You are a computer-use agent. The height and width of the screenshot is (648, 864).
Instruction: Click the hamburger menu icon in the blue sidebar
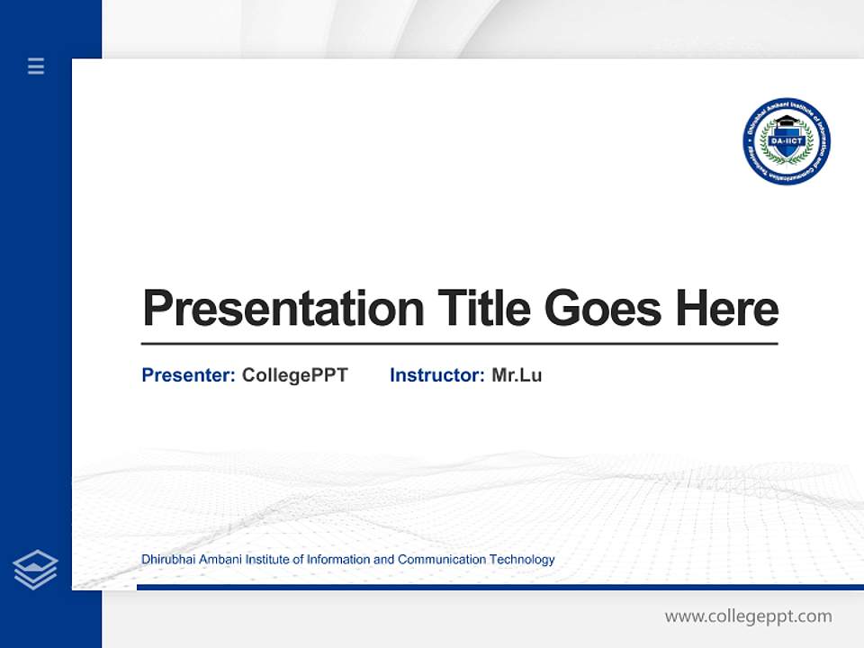pyautogui.click(x=36, y=66)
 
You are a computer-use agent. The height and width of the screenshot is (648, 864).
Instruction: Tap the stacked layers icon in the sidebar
pyautogui.click(x=35, y=570)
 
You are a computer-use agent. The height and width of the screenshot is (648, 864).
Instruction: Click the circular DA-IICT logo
pyautogui.click(x=786, y=142)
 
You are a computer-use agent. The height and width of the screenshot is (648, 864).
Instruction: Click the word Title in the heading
pyautogui.click(x=484, y=308)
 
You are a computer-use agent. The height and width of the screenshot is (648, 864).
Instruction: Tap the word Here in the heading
pyautogui.click(x=727, y=308)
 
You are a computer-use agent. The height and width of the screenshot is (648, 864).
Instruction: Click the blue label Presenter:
pyautogui.click(x=188, y=375)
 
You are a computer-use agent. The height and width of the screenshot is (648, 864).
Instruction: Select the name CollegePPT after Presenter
pyautogui.click(x=294, y=375)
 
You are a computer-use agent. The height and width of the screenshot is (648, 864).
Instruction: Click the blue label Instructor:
pyautogui.click(x=437, y=375)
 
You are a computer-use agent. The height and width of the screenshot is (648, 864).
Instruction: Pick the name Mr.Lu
pyautogui.click(x=517, y=375)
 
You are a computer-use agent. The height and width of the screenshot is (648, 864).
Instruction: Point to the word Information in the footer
pyautogui.click(x=338, y=560)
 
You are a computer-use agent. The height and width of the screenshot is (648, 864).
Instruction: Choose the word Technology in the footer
pyautogui.click(x=522, y=560)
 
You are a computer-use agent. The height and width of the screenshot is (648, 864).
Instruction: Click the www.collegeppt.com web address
pyautogui.click(x=748, y=616)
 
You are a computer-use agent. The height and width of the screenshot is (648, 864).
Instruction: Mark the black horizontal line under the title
pyautogui.click(x=459, y=344)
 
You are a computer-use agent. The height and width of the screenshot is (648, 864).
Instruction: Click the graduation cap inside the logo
pyautogui.click(x=787, y=122)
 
